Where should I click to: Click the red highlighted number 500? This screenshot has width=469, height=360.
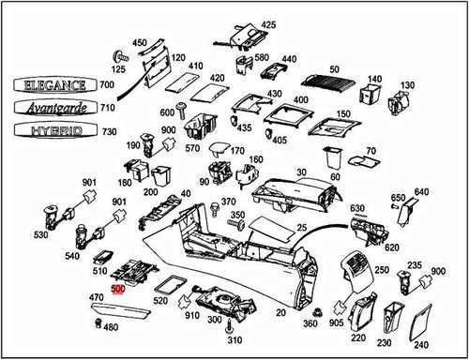[x=117, y=290]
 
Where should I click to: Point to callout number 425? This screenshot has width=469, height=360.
[x=268, y=24]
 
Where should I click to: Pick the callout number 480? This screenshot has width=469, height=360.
[x=111, y=327]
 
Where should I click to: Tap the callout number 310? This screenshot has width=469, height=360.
[x=234, y=339]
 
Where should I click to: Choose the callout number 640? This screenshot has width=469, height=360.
[x=421, y=193]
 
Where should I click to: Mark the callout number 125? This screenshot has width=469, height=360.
[x=120, y=70]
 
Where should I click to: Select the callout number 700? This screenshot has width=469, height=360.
[x=107, y=84]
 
